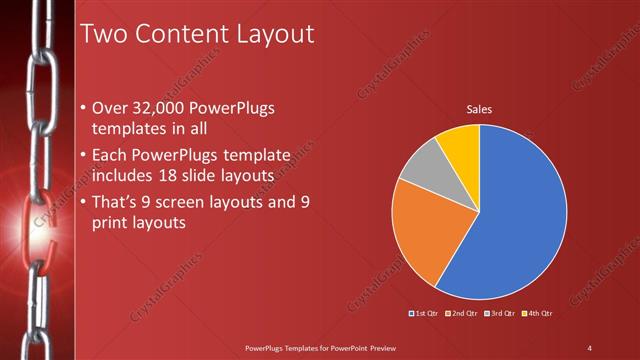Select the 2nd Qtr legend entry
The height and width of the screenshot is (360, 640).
click(461, 313)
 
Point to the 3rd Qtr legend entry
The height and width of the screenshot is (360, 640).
click(499, 313)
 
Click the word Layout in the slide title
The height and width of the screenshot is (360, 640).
click(272, 35)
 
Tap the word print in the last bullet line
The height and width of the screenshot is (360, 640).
click(114, 224)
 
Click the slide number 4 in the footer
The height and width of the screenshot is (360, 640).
click(589, 347)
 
